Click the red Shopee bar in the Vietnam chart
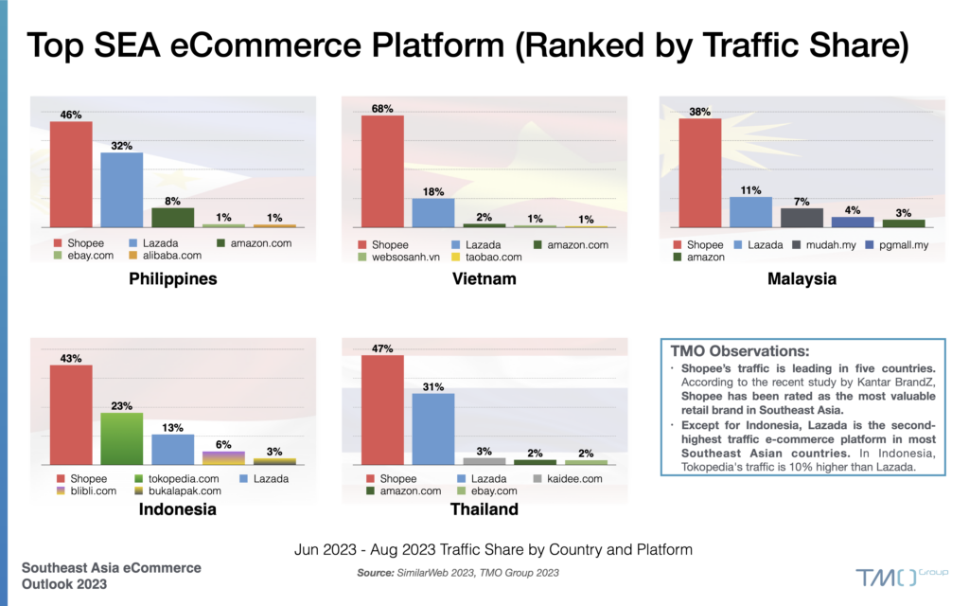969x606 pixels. point(382,171)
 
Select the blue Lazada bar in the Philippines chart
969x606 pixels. point(121,189)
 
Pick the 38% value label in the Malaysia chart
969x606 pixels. point(699,110)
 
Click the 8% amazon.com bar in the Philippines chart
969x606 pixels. point(172,217)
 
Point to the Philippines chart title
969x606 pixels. point(173,279)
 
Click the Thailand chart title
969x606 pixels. point(484,509)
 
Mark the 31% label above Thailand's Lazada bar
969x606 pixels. point(433,385)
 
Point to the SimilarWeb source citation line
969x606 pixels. point(457,573)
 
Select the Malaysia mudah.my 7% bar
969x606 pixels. point(801,218)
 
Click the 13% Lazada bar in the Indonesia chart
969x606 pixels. point(172,450)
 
